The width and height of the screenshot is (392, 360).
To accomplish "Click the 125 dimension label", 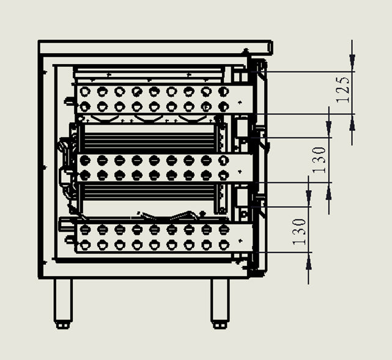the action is click(342, 90).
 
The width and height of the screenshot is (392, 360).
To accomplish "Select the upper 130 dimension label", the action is click(319, 160).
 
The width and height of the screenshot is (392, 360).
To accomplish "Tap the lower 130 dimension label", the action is click(299, 232).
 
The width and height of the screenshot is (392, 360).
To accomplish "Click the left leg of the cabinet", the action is click(63, 300).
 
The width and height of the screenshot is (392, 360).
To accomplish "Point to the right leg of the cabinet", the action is click(220, 300).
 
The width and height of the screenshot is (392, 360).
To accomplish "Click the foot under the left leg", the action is click(62, 325).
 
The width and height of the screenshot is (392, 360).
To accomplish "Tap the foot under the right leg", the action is click(220, 325).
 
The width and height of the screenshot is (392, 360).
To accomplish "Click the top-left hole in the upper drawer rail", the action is click(85, 92).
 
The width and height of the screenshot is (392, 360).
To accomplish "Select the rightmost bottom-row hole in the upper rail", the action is click(223, 107).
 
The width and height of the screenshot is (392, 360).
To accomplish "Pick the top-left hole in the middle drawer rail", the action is click(85, 160).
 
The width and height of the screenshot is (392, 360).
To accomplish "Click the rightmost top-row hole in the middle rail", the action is click(223, 160).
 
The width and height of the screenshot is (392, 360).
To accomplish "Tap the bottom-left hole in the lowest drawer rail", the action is click(85, 245).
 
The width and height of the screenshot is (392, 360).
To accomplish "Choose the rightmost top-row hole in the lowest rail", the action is click(223, 230).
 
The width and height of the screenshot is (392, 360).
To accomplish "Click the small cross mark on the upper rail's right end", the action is click(240, 102).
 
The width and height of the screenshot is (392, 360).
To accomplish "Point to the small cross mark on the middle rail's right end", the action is click(240, 172).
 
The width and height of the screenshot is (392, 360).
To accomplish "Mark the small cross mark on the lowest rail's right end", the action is click(240, 241).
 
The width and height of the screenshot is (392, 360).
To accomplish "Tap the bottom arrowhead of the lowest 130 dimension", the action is click(309, 262).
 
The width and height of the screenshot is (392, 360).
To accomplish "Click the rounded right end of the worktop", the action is click(270, 47).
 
